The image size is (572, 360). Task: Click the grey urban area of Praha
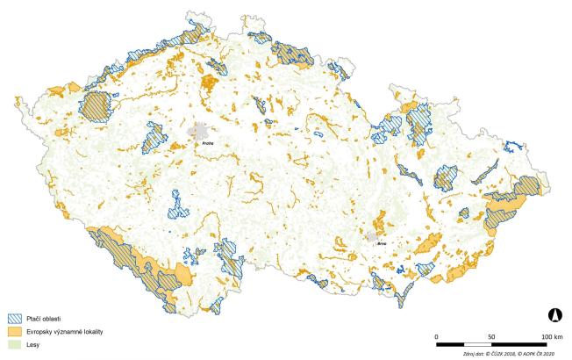[x=199, y=132]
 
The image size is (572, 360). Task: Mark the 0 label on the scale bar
[x=437, y=337]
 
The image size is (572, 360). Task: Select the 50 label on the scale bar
[x=492, y=337]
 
